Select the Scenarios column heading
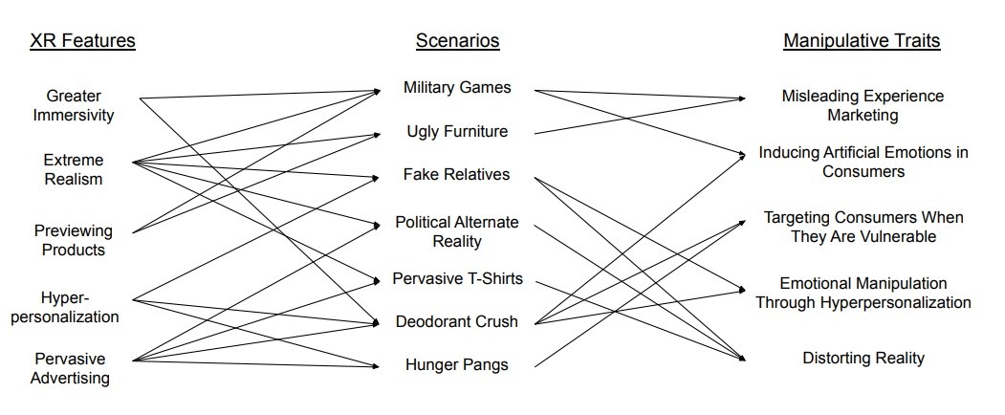tap(457, 40)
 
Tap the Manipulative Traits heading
tap(862, 40)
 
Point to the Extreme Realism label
tap(74, 169)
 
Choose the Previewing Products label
tap(74, 240)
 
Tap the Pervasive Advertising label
tap(74, 368)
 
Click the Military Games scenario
tap(457, 88)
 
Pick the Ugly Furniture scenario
tap(457, 131)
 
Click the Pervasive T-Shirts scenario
tap(457, 279)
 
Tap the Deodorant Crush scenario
tap(457, 321)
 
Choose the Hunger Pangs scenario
tap(457, 364)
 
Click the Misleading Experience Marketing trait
tap(863, 105)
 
